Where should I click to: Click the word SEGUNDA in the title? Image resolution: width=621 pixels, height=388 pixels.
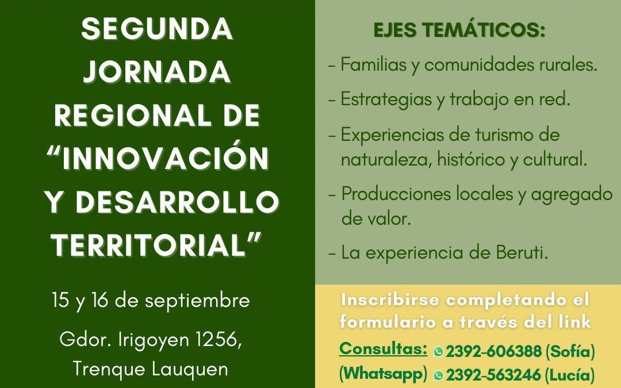pyautogui.click(x=157, y=29)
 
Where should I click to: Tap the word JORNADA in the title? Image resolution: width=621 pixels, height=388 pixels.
pyautogui.click(x=157, y=72)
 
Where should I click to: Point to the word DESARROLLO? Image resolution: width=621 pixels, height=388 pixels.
pyautogui.click(x=177, y=202)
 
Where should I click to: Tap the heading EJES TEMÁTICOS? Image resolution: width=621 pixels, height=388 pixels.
pyautogui.click(x=459, y=30)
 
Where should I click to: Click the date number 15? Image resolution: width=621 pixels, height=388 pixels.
pyautogui.click(x=60, y=300)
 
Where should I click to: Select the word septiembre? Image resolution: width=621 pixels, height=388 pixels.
pyautogui.click(x=197, y=301)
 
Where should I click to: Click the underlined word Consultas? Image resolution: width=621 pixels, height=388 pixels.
pyautogui.click(x=383, y=349)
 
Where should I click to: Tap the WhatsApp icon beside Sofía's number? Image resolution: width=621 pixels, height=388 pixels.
pyautogui.click(x=438, y=351)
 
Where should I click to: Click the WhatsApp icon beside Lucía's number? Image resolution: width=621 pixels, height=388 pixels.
pyautogui.click(x=438, y=375)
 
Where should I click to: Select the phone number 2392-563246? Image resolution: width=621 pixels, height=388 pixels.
pyautogui.click(x=493, y=375)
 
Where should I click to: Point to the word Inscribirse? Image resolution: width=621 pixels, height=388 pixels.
pyautogui.click(x=390, y=299)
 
